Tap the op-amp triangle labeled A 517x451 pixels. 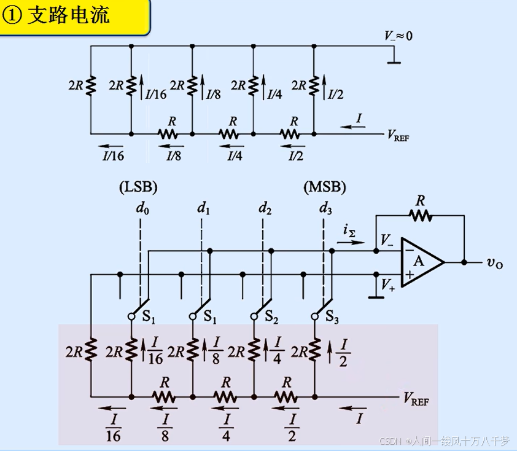[x=421, y=261]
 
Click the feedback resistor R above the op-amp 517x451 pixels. [x=421, y=215]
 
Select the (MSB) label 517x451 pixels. [x=325, y=186]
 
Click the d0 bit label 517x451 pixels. [x=142, y=209]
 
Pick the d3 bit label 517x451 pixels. [x=325, y=209]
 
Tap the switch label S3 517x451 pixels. [x=332, y=318]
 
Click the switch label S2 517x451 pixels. [x=271, y=318]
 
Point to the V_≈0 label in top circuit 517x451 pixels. [x=398, y=36]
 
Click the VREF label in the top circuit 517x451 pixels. [x=398, y=135]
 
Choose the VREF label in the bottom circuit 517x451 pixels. [x=416, y=400]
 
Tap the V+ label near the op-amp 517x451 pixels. [x=388, y=284]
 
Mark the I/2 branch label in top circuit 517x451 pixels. [x=335, y=95]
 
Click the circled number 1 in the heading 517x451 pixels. [x=12, y=16]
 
